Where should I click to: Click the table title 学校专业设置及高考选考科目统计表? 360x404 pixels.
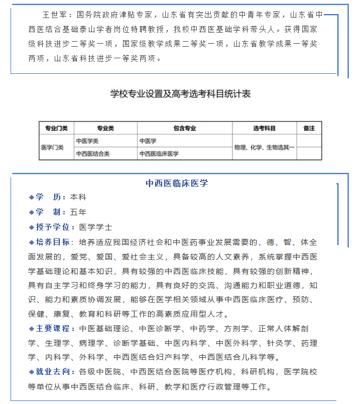click(180, 94)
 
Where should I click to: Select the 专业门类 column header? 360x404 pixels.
click(56, 128)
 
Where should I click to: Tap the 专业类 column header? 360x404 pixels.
click(105, 128)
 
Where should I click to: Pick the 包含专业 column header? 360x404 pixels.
click(184, 128)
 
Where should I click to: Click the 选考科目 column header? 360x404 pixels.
click(264, 128)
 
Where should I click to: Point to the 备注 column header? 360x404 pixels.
click(309, 128)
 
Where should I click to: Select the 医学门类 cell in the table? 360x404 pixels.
click(52, 148)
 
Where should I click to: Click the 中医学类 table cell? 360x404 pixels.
click(88, 141)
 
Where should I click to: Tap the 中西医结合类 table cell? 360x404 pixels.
click(93, 154)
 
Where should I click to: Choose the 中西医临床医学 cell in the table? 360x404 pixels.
click(159, 154)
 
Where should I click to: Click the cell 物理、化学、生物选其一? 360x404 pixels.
click(264, 148)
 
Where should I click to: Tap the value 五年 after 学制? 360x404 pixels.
click(78, 212)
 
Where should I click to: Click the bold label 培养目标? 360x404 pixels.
click(53, 242)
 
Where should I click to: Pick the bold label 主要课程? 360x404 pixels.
click(53, 329)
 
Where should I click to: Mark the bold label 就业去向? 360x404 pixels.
click(53, 372)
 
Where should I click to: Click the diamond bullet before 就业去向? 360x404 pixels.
click(32, 372)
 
